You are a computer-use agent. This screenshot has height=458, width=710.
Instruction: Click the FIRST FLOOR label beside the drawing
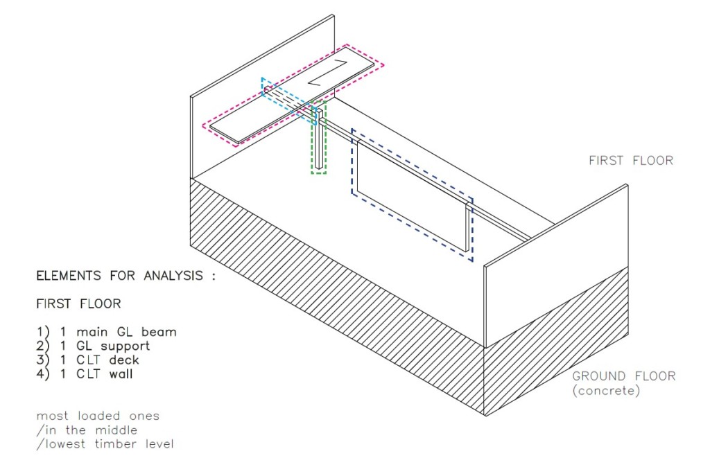pos(631,160)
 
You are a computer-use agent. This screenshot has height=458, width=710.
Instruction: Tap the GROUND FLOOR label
pos(623,376)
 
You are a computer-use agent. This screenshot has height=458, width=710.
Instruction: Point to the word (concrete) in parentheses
pos(606,391)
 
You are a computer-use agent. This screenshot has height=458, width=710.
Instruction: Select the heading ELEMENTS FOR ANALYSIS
pos(126,276)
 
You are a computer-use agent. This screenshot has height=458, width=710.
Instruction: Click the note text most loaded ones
pos(98,416)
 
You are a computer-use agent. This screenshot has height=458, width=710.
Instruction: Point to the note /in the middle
pos(87,430)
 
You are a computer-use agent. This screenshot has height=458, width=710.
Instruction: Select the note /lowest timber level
pos(105,444)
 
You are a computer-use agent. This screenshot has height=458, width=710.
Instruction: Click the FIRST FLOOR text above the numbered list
pos(78,303)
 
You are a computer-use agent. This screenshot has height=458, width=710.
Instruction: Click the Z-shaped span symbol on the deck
pos(328,73)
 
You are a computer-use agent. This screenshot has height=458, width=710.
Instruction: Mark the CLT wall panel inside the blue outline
pos(412,195)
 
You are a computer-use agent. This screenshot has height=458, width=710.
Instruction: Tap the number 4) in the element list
pos(42,375)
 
